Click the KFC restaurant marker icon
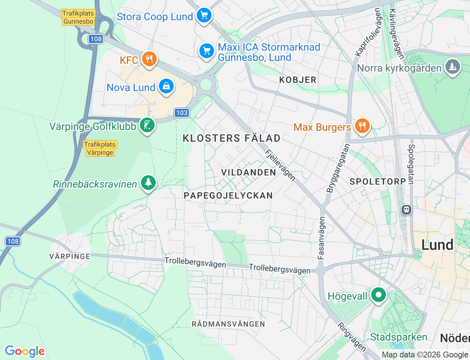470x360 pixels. click(149, 59)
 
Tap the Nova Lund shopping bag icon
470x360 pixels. click(166, 86)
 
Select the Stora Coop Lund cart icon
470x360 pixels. click(204, 15)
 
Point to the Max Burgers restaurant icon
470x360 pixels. click(362, 126)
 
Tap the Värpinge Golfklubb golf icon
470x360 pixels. click(147, 126)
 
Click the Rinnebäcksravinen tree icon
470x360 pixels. click(148, 182)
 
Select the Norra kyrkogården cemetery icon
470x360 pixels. click(452, 67)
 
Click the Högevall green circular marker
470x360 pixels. click(378, 295)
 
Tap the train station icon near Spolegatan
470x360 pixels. click(406, 210)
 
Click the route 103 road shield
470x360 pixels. click(182, 113)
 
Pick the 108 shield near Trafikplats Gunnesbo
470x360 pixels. click(95, 39)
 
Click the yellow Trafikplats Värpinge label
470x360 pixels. click(100, 148)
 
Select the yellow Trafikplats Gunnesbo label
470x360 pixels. click(78, 17)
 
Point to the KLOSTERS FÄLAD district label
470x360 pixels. click(232, 138)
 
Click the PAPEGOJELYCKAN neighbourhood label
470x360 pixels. click(228, 195)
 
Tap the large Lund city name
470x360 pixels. click(437, 245)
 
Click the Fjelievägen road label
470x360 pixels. click(280, 165)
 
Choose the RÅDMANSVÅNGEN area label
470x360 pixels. click(228, 324)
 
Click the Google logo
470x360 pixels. click(25, 351)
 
